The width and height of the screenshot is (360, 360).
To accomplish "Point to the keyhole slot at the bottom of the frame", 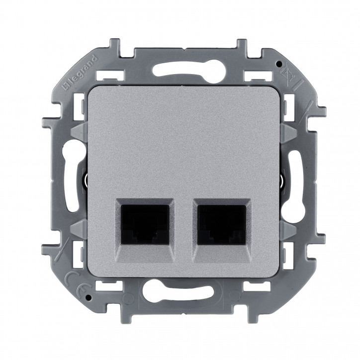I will click(x=180, y=300).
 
